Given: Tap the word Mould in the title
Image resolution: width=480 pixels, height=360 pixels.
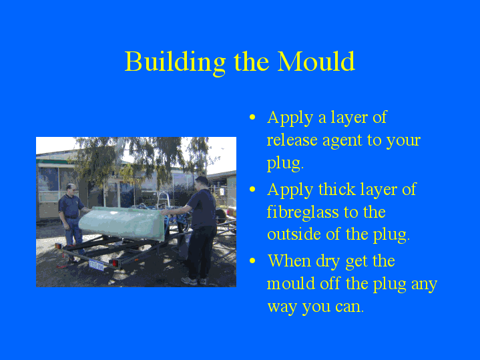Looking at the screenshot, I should [x=316, y=61].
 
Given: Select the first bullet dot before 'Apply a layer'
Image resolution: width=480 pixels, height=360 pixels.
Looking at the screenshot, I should [x=252, y=118].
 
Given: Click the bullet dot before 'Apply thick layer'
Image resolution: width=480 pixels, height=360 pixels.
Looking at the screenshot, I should [x=252, y=190].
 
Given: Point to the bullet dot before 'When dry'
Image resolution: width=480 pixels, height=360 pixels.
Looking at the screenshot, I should [x=252, y=262].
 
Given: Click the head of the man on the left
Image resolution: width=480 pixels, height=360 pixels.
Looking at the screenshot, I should [x=69, y=190].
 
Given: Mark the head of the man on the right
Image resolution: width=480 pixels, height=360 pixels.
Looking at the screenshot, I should [x=201, y=182].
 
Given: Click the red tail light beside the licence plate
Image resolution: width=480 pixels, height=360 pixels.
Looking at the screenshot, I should [x=115, y=263].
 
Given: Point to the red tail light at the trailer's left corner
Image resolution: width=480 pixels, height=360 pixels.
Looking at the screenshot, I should [x=59, y=246].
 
